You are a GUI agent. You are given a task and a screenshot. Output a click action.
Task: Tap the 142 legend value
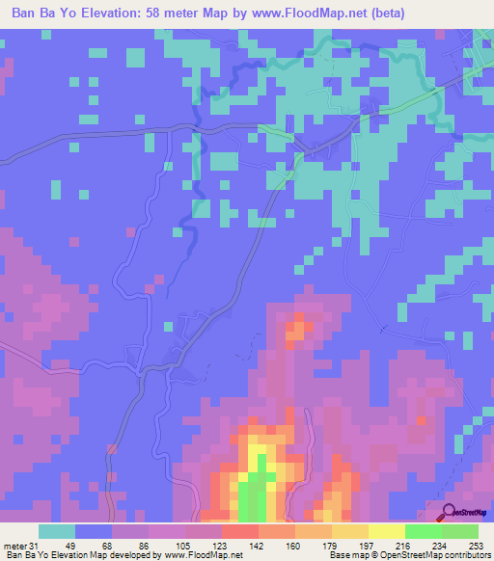pos(258,545)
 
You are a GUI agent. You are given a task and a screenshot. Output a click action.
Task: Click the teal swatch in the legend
pos(57,531)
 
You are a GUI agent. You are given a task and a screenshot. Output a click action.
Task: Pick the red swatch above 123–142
pos(239,531)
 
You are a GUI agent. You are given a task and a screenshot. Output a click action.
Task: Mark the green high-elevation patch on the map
pos(254,496)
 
